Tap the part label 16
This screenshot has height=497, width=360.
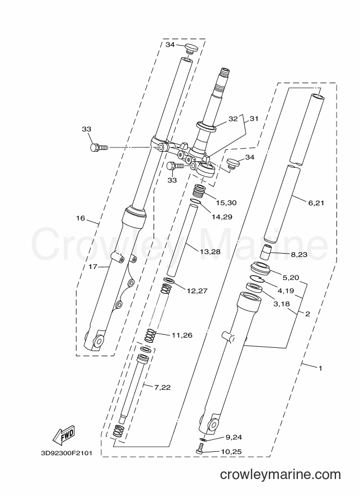(81, 218)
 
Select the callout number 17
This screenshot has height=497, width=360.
(93, 267)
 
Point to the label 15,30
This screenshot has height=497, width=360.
(226, 203)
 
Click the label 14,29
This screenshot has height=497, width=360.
(222, 217)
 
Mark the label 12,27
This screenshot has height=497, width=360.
(197, 291)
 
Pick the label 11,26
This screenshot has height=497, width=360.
(182, 335)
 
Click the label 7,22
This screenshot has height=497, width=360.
(162, 388)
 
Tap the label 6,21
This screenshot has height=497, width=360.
(316, 203)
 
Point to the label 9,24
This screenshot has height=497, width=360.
(234, 438)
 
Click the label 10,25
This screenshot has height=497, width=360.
(231, 452)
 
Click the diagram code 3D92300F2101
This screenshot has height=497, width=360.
(66, 453)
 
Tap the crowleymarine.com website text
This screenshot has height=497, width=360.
(280, 475)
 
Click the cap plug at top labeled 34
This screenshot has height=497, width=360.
(191, 48)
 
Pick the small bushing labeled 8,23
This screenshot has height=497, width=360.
(266, 251)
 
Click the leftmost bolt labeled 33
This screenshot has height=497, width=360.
(99, 148)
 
